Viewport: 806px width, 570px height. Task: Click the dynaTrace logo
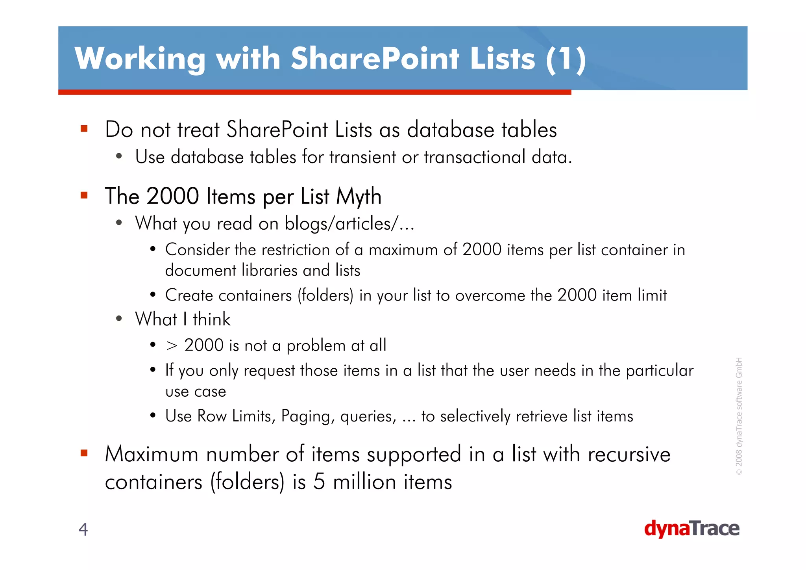point(691,529)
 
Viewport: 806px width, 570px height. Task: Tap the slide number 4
point(83,529)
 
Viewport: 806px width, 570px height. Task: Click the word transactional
point(474,157)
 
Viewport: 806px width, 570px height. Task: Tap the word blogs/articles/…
point(349,224)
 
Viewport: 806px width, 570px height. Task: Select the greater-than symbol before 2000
point(172,345)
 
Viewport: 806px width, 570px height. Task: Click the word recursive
point(629,455)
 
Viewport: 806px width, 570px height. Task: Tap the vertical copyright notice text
point(739,416)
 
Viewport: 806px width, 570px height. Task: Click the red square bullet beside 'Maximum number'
point(84,453)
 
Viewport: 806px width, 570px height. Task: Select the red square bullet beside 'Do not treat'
point(84,128)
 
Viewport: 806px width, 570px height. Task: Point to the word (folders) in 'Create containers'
point(325,295)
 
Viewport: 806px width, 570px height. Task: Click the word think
point(211,319)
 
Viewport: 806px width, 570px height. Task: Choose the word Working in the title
point(140,59)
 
